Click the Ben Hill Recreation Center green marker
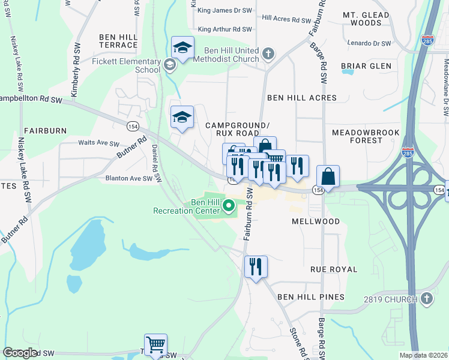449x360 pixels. click(x=229, y=207)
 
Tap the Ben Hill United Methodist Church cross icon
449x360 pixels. click(x=268, y=55)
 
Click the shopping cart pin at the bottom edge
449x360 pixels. click(x=155, y=345)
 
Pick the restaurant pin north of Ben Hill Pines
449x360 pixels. click(x=256, y=266)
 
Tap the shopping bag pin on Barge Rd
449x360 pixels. click(x=328, y=176)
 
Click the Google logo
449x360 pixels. click(x=20, y=353)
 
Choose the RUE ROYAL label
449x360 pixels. click(x=333, y=269)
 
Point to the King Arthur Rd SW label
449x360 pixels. click(x=224, y=29)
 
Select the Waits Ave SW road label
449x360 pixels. click(x=98, y=143)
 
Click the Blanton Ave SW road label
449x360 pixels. click(x=129, y=178)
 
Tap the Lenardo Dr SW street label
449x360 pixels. click(x=369, y=43)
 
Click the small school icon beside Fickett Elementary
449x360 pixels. click(x=170, y=65)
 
